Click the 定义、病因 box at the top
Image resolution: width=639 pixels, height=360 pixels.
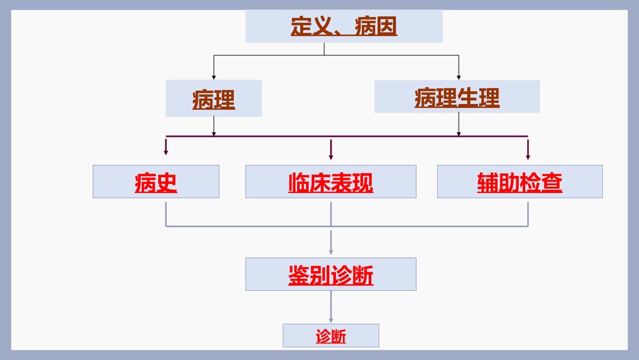click(344, 26)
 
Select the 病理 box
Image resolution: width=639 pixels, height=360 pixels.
click(213, 98)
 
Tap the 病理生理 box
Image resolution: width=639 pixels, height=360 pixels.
click(457, 97)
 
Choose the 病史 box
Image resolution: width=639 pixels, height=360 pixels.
click(156, 182)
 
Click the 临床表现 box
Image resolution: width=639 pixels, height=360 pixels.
click(330, 182)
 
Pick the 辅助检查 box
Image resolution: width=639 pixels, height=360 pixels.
click(520, 182)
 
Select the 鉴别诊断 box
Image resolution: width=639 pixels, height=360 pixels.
click(330, 274)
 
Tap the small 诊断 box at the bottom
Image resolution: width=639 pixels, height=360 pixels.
click(330, 336)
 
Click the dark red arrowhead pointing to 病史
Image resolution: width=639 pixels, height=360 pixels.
click(166, 153)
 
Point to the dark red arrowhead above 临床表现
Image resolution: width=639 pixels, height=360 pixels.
click(331, 155)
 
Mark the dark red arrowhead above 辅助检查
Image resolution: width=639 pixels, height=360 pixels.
click(528, 155)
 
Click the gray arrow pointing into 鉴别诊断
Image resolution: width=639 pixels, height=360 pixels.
click(331, 251)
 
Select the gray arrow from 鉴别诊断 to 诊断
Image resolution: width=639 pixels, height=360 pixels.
click(331, 317)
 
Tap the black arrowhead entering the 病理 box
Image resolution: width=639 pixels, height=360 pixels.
click(213, 76)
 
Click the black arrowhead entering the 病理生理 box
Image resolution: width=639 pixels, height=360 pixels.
click(458, 77)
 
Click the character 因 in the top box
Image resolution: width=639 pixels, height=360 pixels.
click(387, 26)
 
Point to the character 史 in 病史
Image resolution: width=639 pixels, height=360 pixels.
click(167, 182)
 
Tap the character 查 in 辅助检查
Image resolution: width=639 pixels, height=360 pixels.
click(552, 182)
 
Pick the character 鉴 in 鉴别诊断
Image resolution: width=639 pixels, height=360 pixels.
click(298, 275)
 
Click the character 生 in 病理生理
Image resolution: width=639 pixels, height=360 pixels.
click(468, 97)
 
